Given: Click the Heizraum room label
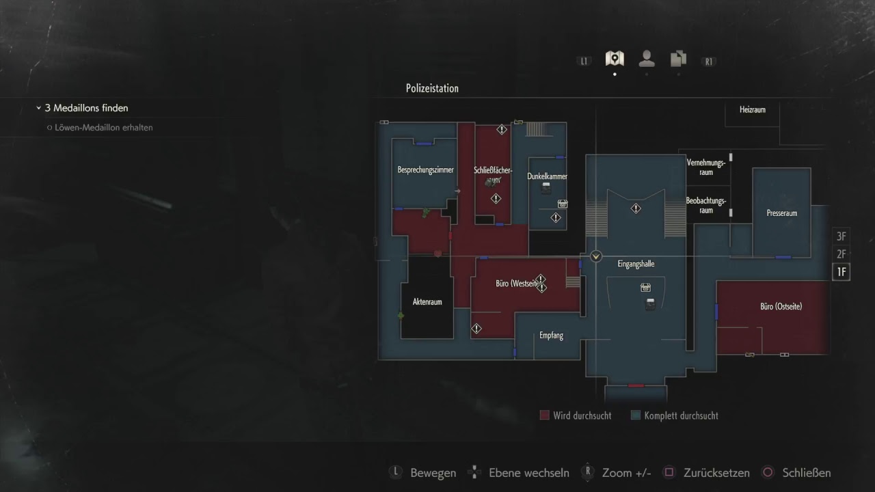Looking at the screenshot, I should [752, 109].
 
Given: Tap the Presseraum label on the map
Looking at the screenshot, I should [781, 213].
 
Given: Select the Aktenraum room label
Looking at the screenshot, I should [427, 301].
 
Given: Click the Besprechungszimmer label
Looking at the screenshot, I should [425, 170].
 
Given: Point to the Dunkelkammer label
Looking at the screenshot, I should [547, 176].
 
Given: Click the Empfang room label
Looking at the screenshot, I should [551, 336].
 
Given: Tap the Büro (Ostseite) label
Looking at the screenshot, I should [781, 307].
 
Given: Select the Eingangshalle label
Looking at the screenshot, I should [636, 264].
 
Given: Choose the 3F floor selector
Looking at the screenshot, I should [841, 236].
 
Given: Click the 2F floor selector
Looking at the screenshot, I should [841, 254].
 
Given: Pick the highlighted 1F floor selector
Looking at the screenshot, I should [841, 272].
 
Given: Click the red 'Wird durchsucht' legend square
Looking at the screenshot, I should [544, 415].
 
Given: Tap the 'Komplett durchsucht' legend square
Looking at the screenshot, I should [635, 415].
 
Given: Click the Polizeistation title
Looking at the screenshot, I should [432, 88].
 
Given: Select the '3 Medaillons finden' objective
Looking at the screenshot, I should [86, 108].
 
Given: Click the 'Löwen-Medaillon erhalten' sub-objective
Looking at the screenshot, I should [103, 128].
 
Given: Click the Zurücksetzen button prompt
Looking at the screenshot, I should [707, 473].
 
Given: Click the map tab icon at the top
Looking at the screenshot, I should [615, 59].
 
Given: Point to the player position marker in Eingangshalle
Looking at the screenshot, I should [596, 256].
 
